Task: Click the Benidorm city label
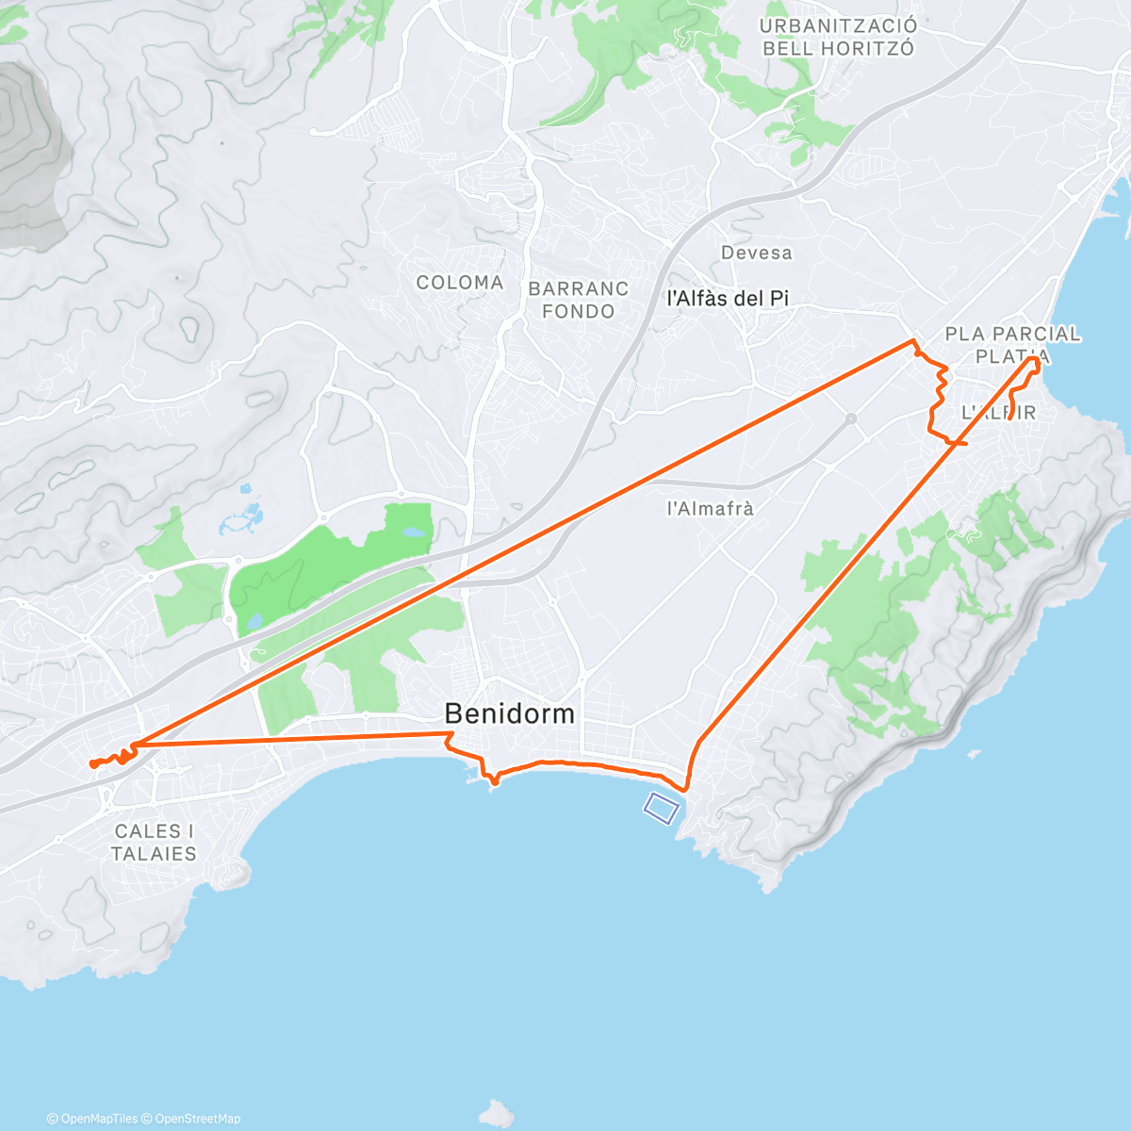point(509,713)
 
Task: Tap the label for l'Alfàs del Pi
point(728,299)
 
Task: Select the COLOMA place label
point(460,283)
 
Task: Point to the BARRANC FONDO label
point(579,300)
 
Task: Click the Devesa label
point(757,253)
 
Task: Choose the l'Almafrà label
point(711,508)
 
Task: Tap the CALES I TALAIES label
point(154,843)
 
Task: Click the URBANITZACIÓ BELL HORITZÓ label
point(838,38)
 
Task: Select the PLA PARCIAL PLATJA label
point(1012,344)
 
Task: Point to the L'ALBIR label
point(998,412)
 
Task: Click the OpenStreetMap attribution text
point(197,1119)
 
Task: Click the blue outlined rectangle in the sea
point(662,807)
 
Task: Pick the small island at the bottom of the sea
point(496,1112)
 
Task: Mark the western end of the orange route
point(92,764)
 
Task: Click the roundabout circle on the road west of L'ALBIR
point(850,417)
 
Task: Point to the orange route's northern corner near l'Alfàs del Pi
point(912,340)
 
